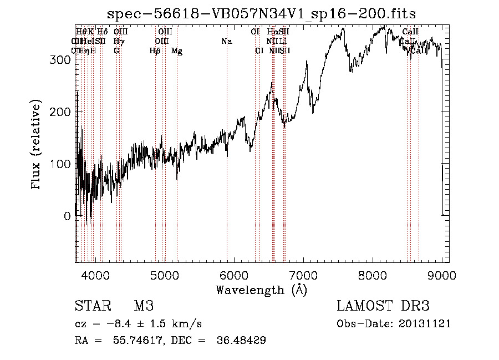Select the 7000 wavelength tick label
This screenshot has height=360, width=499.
(x=303, y=274)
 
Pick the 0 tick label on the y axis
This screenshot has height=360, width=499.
(x=68, y=216)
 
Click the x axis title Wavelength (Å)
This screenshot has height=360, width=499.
(x=261, y=290)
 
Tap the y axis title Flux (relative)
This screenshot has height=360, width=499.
(x=37, y=145)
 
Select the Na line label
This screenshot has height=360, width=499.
(x=226, y=42)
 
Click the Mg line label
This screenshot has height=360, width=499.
(x=177, y=51)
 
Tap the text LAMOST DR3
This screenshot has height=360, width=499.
(x=383, y=306)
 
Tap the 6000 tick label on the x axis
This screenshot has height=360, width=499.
(x=234, y=274)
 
